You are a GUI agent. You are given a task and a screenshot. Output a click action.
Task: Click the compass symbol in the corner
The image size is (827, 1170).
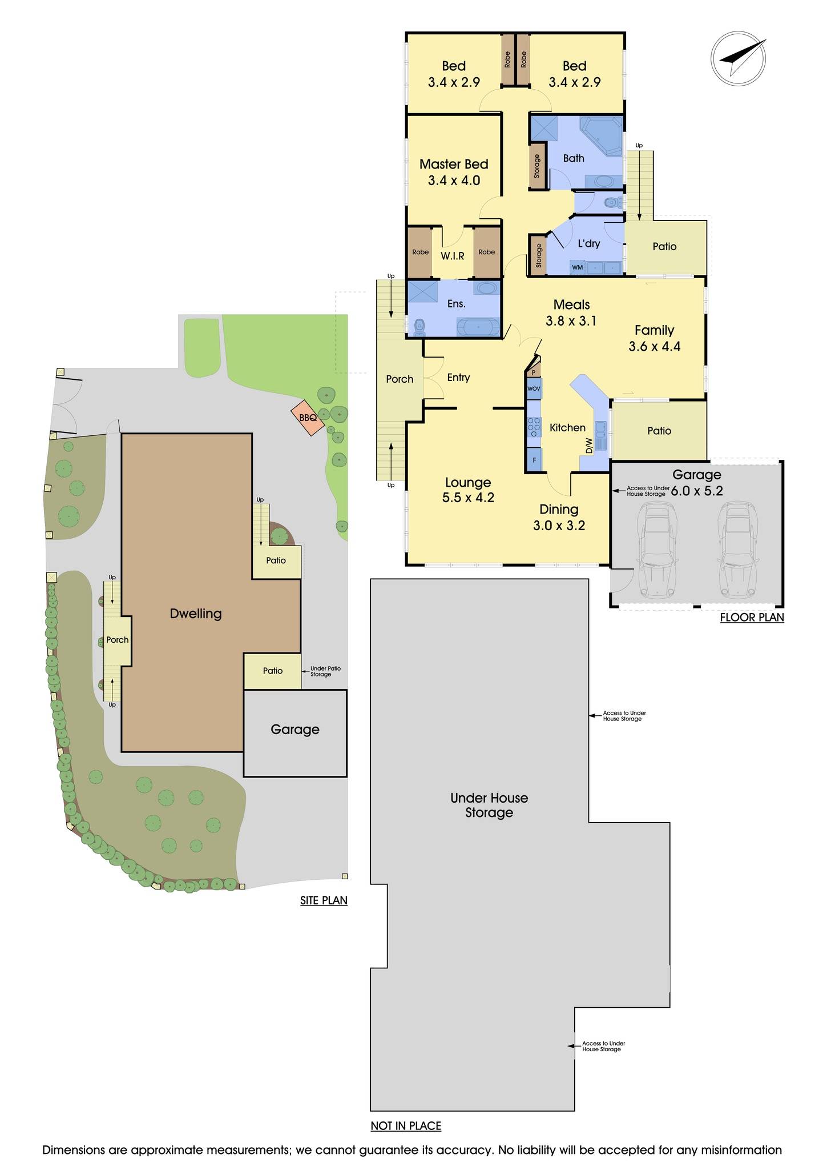(x=739, y=59)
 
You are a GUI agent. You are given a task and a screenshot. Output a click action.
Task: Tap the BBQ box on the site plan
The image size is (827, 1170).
(x=308, y=418)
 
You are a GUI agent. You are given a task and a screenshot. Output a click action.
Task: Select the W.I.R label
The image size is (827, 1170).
(x=452, y=256)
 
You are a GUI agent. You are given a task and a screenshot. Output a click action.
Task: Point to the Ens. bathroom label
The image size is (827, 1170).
(x=456, y=304)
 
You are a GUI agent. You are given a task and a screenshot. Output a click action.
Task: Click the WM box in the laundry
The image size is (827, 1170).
(x=578, y=267)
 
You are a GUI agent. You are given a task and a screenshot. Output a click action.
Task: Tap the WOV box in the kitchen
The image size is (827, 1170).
(x=534, y=388)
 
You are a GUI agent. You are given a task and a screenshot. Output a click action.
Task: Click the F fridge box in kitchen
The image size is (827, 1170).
(x=534, y=459)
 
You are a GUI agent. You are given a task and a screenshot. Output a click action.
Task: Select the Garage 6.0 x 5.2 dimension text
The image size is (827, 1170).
(x=696, y=491)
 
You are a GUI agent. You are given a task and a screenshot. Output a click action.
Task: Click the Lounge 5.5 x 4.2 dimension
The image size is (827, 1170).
(x=468, y=497)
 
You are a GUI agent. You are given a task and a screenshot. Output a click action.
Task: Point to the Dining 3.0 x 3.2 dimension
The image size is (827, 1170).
(x=559, y=525)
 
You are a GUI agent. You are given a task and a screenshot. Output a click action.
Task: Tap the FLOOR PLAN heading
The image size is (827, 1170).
(x=752, y=617)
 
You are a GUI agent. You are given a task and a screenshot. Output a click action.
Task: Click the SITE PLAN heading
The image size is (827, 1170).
(x=324, y=900)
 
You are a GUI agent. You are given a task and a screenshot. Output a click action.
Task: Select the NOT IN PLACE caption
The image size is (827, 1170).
(x=406, y=1126)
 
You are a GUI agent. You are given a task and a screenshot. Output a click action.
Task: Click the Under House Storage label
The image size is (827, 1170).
(x=489, y=805)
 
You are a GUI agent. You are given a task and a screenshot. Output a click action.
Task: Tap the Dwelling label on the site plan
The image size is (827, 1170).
(x=195, y=614)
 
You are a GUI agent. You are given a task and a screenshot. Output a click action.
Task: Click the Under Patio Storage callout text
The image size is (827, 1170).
(x=325, y=671)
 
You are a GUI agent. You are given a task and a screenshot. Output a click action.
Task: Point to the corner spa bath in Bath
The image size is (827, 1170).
(x=601, y=135)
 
